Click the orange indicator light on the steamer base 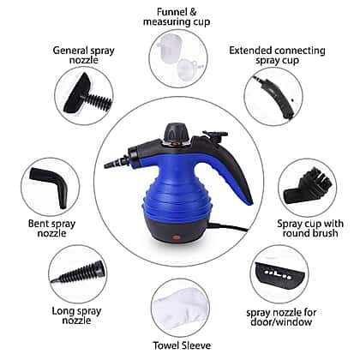tap(175, 237)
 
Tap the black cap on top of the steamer tap(176, 131)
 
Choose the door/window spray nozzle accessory tap(279, 274)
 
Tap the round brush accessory tap(305, 186)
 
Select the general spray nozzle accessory tap(87, 94)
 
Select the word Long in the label tap(63, 311)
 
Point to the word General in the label tap(69, 51)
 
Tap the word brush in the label tap(325, 233)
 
